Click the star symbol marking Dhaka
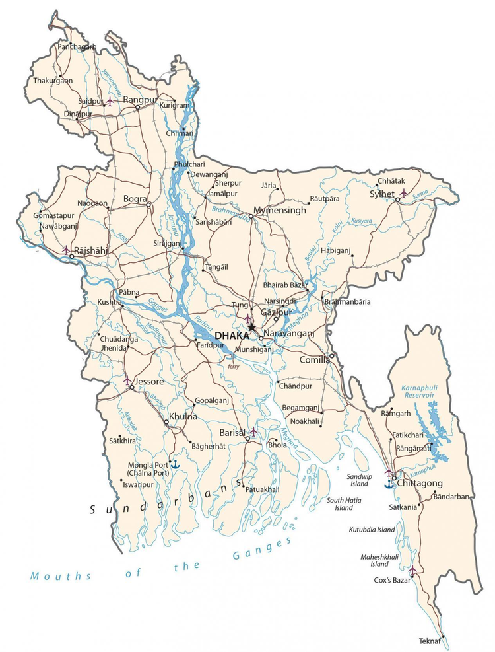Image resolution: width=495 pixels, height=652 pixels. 251,327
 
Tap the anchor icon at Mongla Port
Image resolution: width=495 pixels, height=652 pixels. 175,465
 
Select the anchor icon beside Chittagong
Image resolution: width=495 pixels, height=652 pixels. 389,484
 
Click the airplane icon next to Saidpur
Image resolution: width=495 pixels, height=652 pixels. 109,102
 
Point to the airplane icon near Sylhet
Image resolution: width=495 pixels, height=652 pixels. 404,193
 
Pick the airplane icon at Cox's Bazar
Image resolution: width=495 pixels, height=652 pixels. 413,570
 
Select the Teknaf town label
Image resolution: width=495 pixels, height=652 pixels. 429,641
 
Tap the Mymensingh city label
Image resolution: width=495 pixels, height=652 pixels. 280,211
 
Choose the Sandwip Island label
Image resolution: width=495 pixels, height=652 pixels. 360,480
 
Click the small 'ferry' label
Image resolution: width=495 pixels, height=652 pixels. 233,365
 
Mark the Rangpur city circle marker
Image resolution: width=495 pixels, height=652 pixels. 138,107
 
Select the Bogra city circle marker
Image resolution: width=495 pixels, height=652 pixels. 148,205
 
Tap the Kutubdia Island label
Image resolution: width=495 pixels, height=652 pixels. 372,530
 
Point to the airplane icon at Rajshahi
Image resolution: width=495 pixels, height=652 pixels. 66,250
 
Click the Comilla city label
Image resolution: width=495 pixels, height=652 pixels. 315,360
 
